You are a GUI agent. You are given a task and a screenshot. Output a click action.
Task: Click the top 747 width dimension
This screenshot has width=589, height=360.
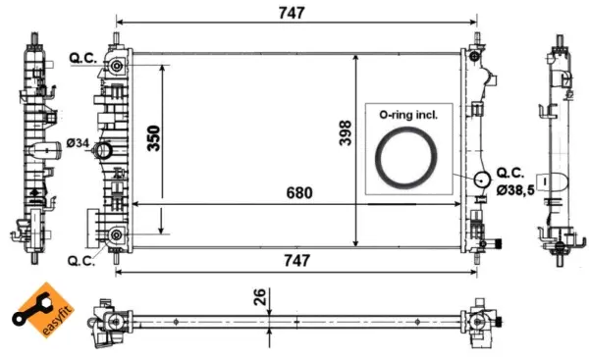[x=292, y=13]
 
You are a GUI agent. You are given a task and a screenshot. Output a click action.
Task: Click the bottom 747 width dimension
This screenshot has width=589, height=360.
[x=296, y=261]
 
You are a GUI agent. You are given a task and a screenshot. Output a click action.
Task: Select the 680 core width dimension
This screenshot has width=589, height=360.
[x=299, y=193]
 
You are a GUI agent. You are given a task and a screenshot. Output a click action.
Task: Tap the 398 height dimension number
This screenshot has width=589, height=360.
[x=346, y=132]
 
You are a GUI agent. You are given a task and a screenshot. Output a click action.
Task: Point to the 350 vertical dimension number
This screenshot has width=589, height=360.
[x=153, y=138]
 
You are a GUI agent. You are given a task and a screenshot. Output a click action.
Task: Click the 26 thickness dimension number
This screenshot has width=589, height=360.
[x=259, y=297]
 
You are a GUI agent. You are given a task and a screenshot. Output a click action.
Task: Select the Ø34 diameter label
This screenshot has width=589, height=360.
[x=78, y=143]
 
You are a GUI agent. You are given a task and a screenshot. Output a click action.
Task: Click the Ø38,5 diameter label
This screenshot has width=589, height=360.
[x=515, y=190]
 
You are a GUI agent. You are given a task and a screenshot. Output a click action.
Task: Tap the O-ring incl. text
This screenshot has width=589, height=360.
[x=408, y=115]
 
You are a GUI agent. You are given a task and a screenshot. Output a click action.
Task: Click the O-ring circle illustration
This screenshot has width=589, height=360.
[x=406, y=129]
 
